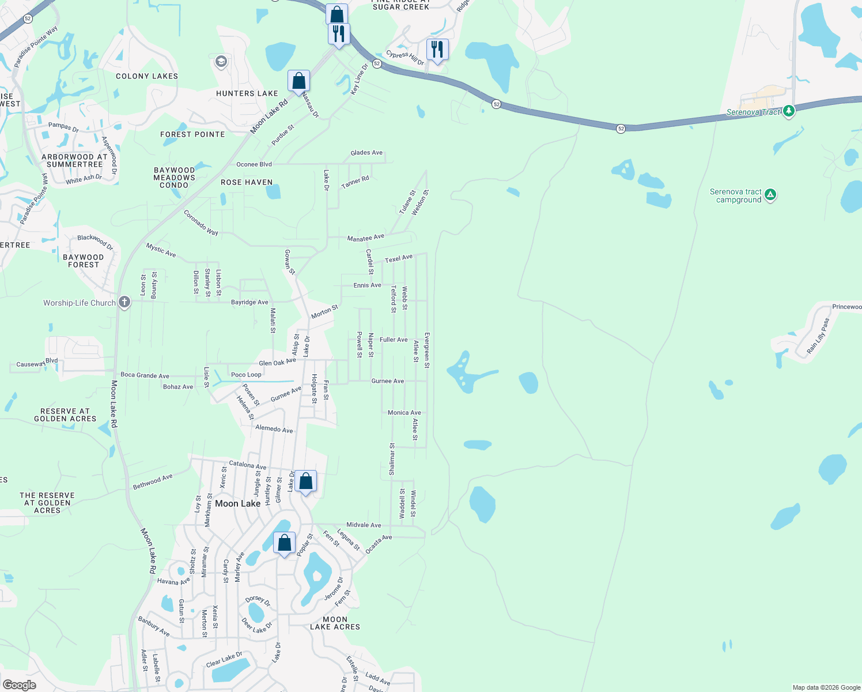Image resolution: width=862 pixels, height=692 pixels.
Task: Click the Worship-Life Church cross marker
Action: [x=124, y=302]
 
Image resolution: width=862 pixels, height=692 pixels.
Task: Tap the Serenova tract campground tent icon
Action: [x=770, y=195]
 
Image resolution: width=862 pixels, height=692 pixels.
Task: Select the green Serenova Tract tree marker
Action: [x=789, y=111]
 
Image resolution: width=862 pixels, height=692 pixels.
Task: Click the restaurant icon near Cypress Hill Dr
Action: [x=437, y=50]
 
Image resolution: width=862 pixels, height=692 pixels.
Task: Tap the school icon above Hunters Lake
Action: [x=221, y=62]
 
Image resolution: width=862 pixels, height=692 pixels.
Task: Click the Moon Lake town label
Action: [x=237, y=503]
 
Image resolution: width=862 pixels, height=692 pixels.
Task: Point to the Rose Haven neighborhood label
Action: [x=247, y=182]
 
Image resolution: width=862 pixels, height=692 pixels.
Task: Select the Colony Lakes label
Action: [x=147, y=76]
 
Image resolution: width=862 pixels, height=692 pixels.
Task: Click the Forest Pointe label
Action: [x=192, y=134]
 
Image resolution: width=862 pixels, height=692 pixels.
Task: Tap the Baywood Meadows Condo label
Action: [x=174, y=178]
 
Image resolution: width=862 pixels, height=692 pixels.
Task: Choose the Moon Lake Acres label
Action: [x=335, y=623]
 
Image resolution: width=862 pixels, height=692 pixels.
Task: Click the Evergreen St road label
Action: [x=427, y=350]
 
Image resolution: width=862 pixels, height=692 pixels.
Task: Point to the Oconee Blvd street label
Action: [x=254, y=164]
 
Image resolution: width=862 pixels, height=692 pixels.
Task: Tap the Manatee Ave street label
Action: [x=365, y=238]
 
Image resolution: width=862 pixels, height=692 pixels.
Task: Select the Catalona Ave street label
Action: [x=248, y=465]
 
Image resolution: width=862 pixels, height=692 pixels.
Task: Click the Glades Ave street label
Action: [x=366, y=153]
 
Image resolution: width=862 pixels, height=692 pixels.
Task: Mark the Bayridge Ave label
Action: [x=249, y=302]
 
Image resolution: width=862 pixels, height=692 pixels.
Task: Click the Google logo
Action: [x=19, y=685]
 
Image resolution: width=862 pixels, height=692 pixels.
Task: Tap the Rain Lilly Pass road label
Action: [x=818, y=336]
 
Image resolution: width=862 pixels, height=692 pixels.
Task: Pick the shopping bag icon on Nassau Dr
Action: [x=298, y=81]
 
